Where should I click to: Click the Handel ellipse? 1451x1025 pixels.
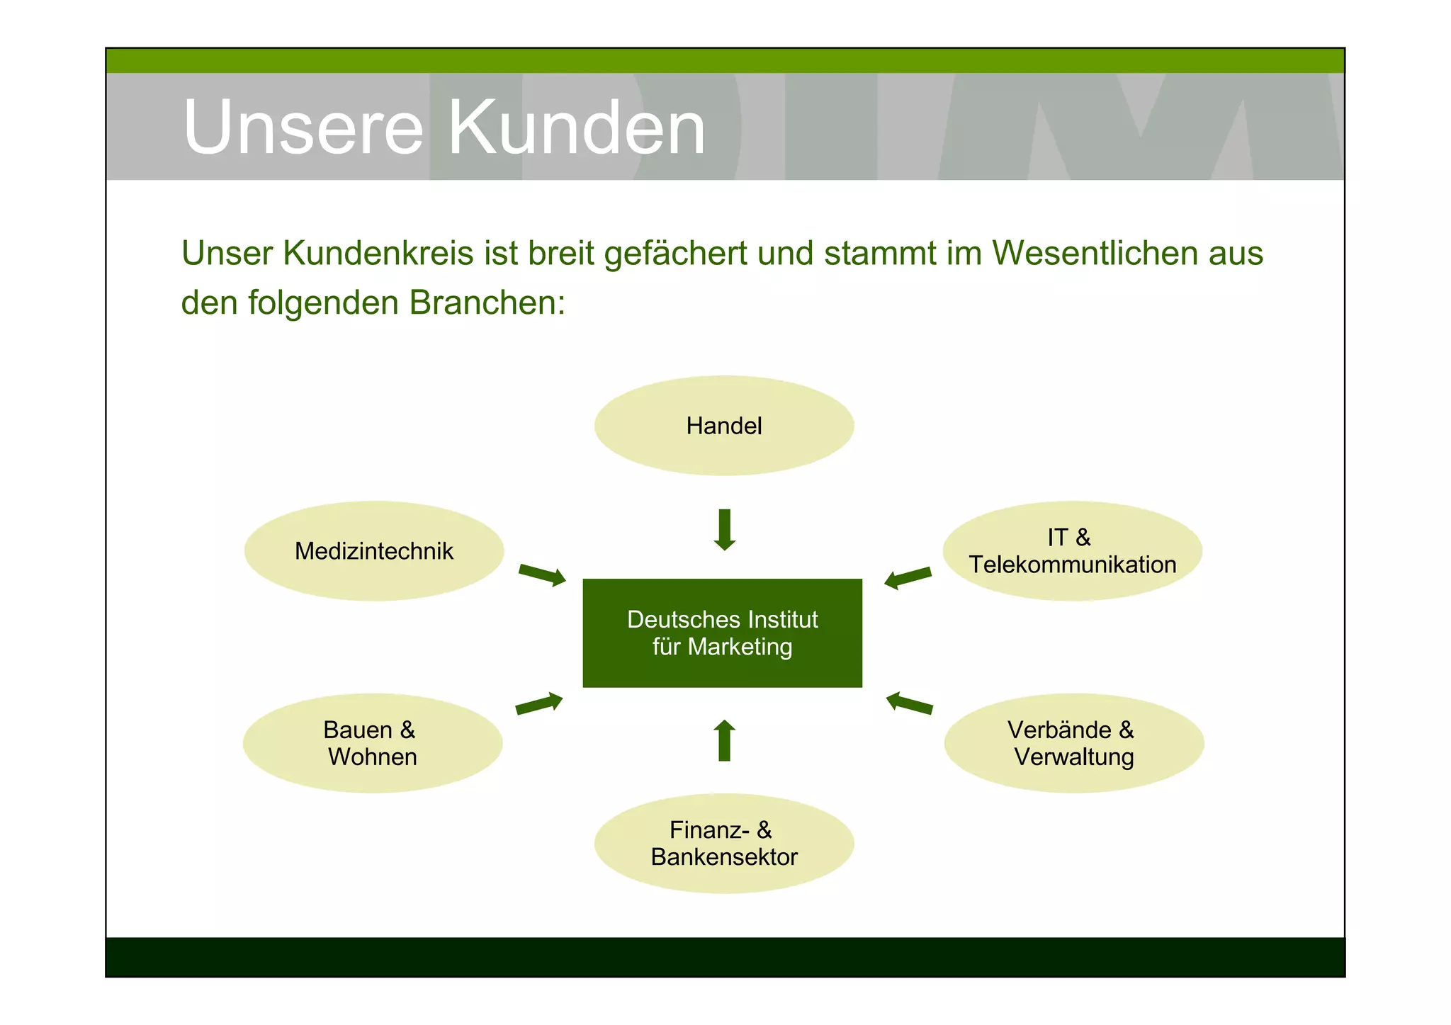723,426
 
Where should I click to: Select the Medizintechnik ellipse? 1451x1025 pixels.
373,551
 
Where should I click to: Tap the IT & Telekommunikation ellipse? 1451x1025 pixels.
1072,551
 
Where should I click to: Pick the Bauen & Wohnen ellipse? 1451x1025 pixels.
372,743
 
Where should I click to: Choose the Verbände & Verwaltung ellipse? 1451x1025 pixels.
1073,743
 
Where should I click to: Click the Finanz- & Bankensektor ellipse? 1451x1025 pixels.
723,843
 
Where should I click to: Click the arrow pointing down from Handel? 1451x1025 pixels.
724,530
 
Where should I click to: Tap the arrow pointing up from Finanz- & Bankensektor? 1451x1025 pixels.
724,740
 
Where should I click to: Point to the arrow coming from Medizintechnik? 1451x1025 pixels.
542,574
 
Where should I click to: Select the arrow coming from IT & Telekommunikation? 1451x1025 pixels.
908,577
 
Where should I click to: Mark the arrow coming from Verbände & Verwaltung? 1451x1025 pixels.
909,703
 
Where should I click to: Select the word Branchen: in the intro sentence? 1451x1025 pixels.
487,302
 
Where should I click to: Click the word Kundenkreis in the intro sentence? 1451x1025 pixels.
378,253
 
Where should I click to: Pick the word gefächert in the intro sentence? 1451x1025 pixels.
675,254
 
